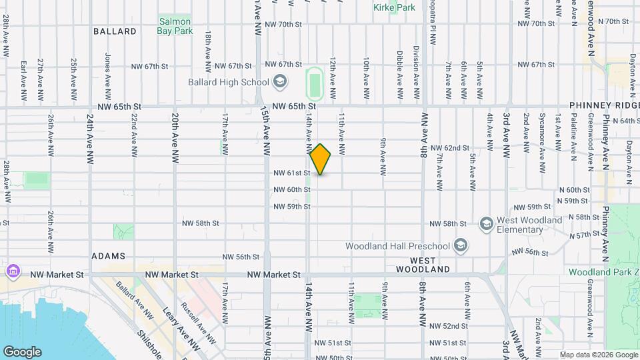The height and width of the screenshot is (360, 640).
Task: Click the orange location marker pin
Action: pyautogui.click(x=321, y=159)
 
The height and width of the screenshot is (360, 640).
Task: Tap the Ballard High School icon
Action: pyautogui.click(x=280, y=82)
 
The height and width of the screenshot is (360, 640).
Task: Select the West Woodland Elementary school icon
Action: pyautogui.click(x=486, y=223)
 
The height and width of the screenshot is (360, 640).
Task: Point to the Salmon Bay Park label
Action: pyautogui.click(x=175, y=26)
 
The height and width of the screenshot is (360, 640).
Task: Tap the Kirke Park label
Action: pyautogui.click(x=395, y=7)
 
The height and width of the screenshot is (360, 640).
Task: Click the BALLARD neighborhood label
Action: pyautogui.click(x=115, y=31)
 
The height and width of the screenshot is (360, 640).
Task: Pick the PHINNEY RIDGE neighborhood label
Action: pyautogui.click(x=604, y=106)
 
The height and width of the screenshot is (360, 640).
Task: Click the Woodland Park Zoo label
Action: pyautogui.click(x=603, y=272)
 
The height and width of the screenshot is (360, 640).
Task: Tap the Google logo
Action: pyautogui.click(x=22, y=352)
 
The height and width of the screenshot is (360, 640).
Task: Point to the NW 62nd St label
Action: pyautogui.click(x=450, y=148)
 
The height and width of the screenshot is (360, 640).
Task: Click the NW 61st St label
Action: pyautogui.click(x=292, y=173)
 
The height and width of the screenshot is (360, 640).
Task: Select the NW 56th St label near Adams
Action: pyautogui.click(x=241, y=257)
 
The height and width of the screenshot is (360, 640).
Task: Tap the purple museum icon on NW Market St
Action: pyautogui.click(x=13, y=272)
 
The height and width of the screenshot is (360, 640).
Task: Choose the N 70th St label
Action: pyautogui.click(x=613, y=22)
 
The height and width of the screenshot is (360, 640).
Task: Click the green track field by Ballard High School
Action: pyautogui.click(x=314, y=83)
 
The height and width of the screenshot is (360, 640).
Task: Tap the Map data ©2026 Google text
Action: pyautogui.click(x=597, y=355)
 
